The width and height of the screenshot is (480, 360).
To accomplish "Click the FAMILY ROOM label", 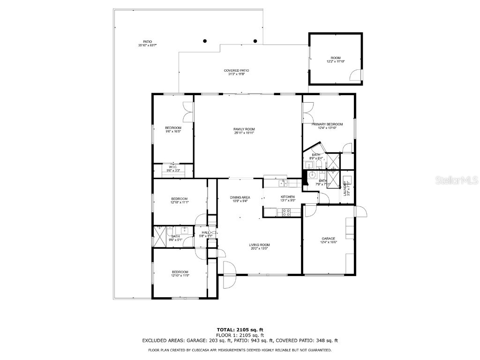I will pyautogui.click(x=244, y=129).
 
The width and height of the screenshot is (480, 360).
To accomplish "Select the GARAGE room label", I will pyautogui.click(x=328, y=239).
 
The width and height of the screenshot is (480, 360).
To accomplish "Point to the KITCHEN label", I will pyautogui.click(x=287, y=197).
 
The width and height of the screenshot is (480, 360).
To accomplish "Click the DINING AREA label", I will pyautogui.click(x=240, y=197).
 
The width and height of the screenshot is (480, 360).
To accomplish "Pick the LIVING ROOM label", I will pyautogui.click(x=259, y=245).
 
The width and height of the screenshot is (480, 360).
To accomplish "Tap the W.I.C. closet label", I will pyautogui.click(x=172, y=166).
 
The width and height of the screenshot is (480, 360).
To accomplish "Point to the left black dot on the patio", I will pyautogui.click(x=204, y=41).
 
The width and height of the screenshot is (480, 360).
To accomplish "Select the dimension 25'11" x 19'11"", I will pyautogui.click(x=244, y=133).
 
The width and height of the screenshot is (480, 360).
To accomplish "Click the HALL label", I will pyautogui.click(x=206, y=232).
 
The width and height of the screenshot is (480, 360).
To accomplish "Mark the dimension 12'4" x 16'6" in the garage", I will pyautogui.click(x=329, y=243).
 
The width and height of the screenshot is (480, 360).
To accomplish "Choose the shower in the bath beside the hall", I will pyautogui.click(x=160, y=234).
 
